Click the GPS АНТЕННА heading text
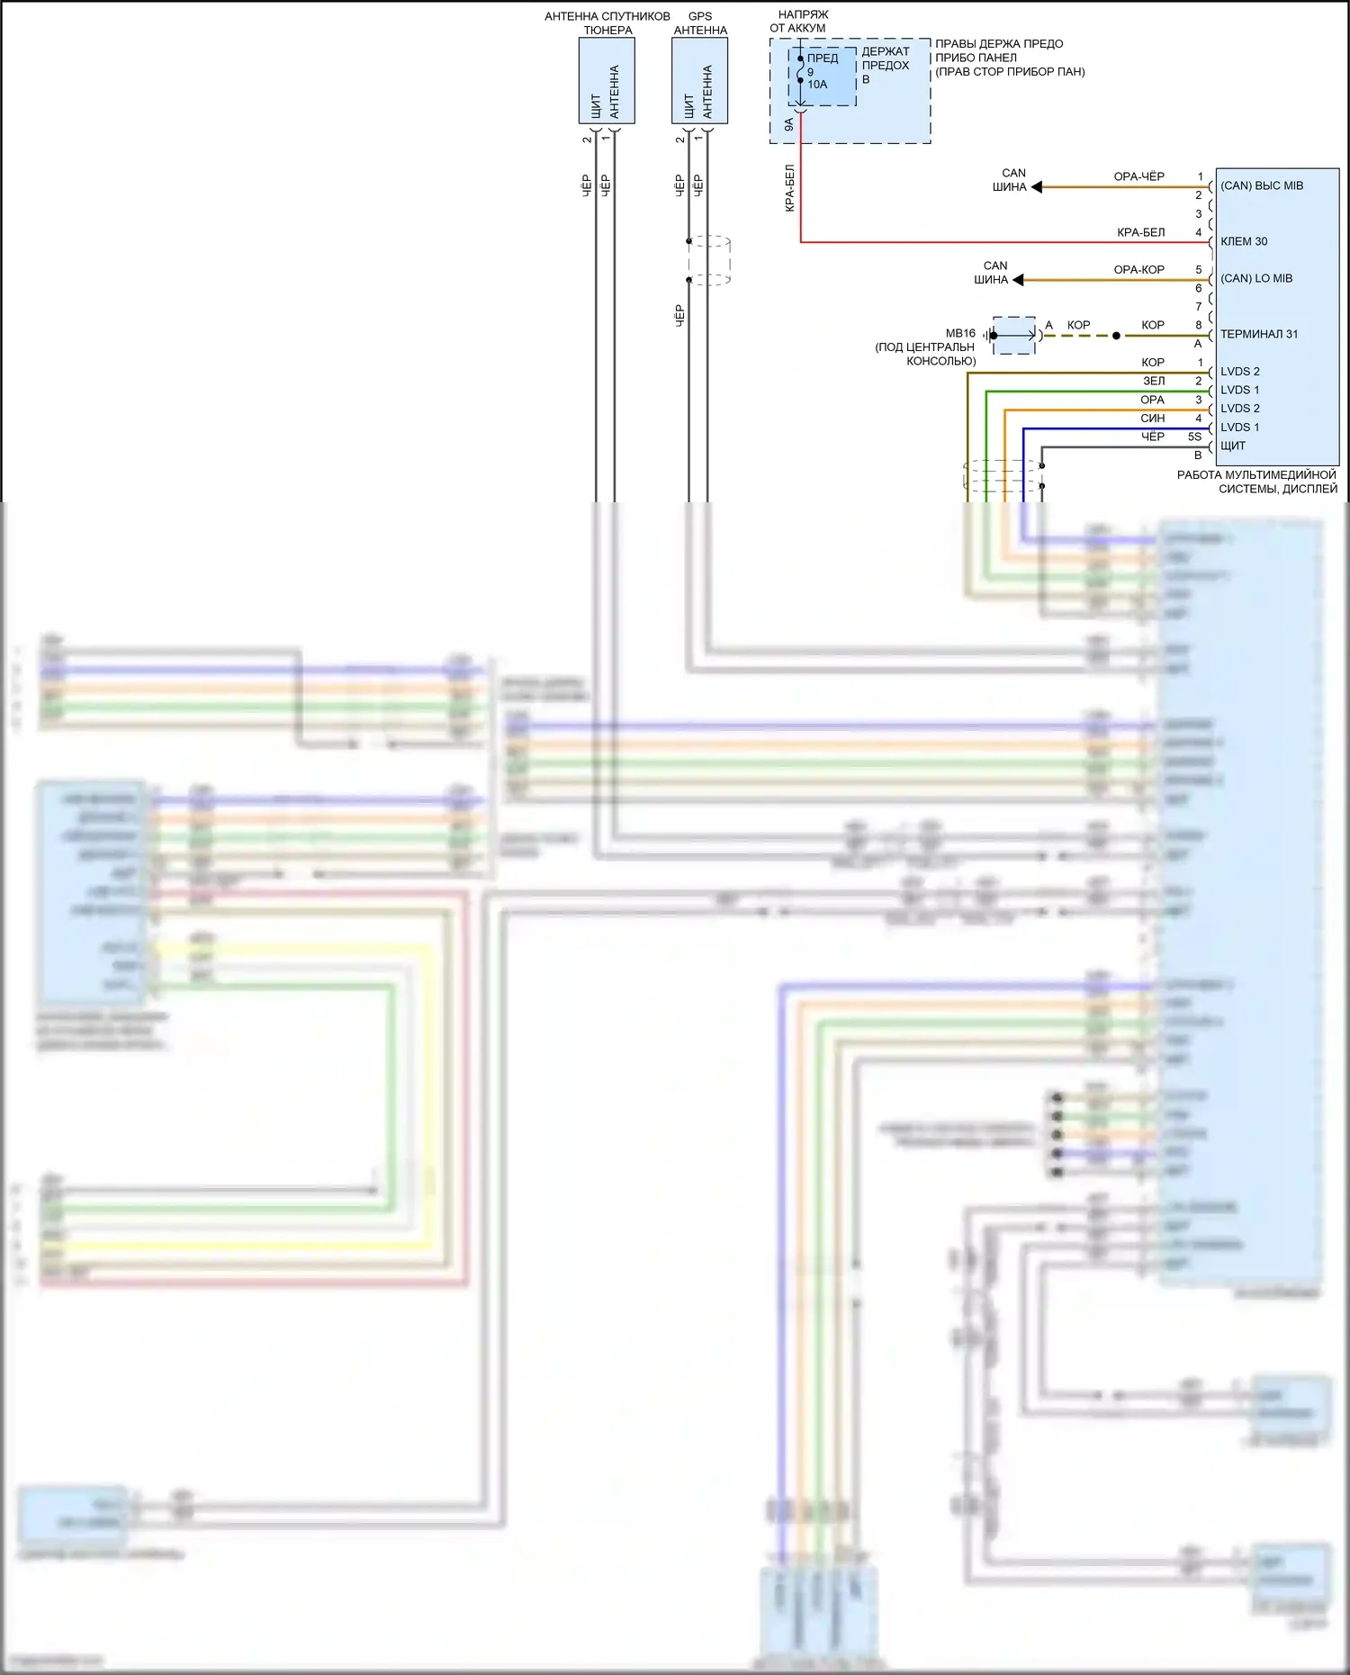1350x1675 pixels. pyautogui.click(x=700, y=23)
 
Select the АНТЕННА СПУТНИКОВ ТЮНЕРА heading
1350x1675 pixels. pyautogui.click(x=607, y=23)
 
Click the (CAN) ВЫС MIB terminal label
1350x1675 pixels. pyautogui.click(x=1262, y=185)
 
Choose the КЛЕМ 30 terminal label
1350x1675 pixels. pyautogui.click(x=1244, y=241)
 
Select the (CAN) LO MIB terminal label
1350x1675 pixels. pyautogui.click(x=1256, y=278)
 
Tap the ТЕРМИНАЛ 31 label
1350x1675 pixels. pyautogui.click(x=1259, y=334)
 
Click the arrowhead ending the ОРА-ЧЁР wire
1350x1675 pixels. pyautogui.click(x=1037, y=187)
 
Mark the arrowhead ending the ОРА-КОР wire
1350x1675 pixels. pyautogui.click(x=1018, y=280)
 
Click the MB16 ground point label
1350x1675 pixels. pyautogui.click(x=960, y=333)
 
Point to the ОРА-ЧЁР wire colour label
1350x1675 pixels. pyautogui.click(x=1138, y=176)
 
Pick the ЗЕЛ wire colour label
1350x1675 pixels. pyautogui.click(x=1154, y=381)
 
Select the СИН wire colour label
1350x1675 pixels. pyautogui.click(x=1152, y=419)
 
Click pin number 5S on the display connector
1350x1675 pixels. pyautogui.click(x=1194, y=437)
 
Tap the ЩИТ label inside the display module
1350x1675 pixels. pyautogui.click(x=1233, y=446)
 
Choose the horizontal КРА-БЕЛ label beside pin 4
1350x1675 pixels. pyautogui.click(x=1140, y=232)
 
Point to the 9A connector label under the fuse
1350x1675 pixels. pyautogui.click(x=789, y=125)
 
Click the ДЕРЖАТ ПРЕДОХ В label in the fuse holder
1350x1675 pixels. pyautogui.click(x=886, y=65)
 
